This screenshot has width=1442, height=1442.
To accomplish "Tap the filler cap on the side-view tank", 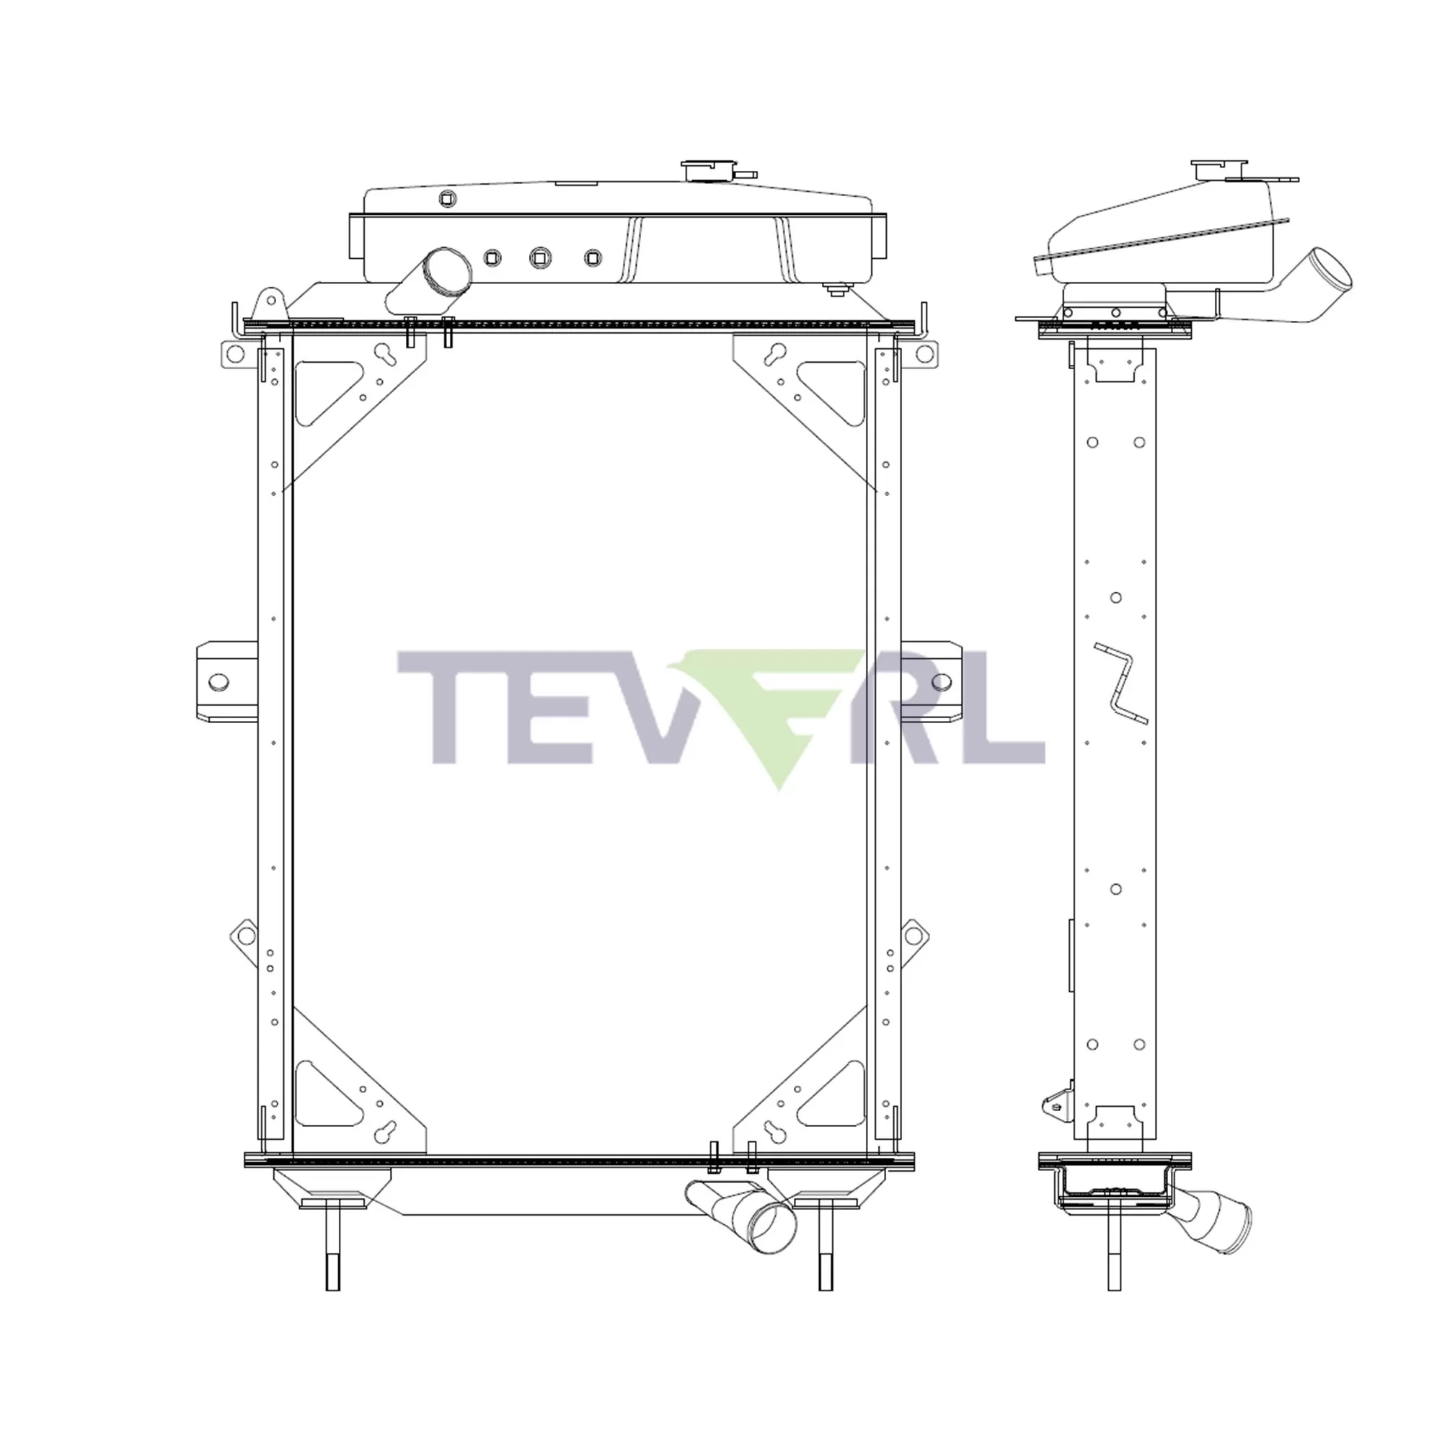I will pos(1218,168).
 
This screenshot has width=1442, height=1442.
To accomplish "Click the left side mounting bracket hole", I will pos(218,682).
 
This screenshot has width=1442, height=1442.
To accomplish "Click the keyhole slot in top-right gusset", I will pos(777,353).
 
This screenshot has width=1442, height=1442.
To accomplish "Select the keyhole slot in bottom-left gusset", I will pos(386,1131).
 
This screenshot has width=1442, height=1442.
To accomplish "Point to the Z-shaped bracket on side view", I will pos(1120,682).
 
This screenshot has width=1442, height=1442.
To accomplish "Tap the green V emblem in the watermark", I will pos(769,717).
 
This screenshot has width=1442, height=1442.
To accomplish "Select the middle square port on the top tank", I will pos(539,258).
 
